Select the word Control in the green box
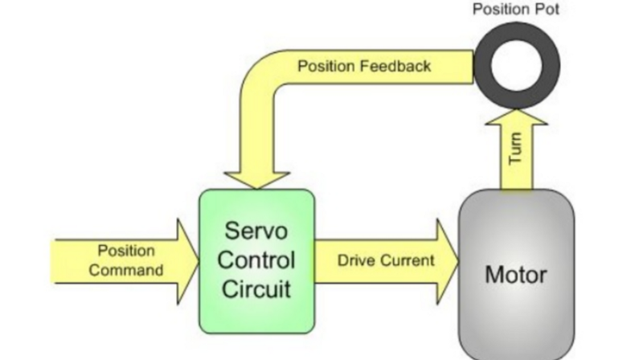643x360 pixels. click(256, 260)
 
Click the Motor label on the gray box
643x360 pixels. click(515, 275)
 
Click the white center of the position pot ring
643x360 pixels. click(517, 65)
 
